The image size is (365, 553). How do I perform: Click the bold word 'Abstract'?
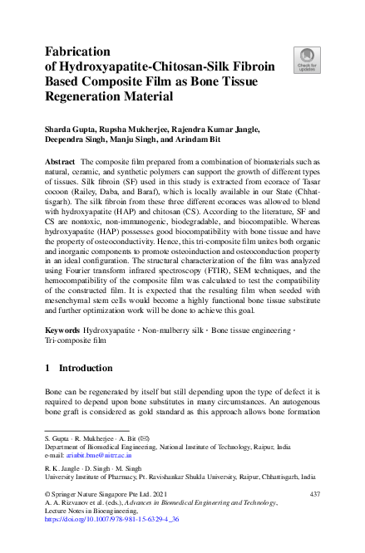[60, 160]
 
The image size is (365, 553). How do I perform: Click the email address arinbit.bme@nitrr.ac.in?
[97, 455]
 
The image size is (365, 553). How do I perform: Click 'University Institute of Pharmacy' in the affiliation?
[100, 477]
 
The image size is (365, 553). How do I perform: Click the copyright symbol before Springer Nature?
[47, 494]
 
